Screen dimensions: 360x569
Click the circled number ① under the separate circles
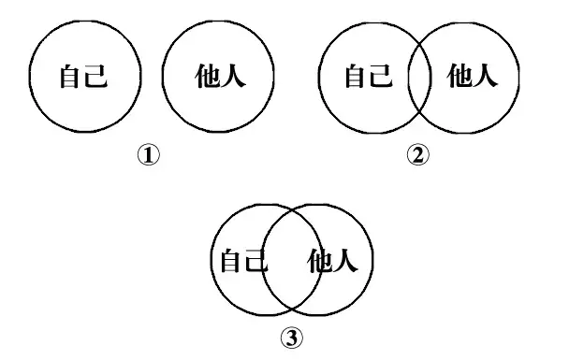click(x=149, y=155)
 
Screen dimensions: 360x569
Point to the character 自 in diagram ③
click(x=231, y=262)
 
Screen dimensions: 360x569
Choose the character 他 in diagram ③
click(x=319, y=262)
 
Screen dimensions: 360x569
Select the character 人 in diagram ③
click(x=345, y=262)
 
